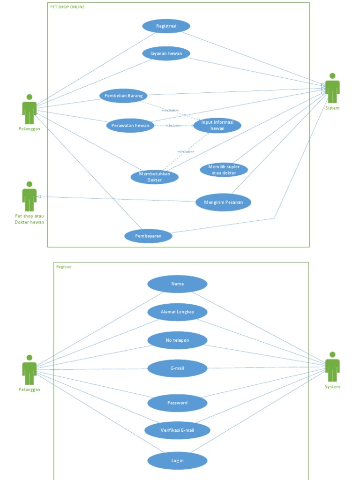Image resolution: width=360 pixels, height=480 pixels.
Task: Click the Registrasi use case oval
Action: [x=166, y=26]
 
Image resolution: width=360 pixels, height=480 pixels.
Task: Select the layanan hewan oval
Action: [x=166, y=53]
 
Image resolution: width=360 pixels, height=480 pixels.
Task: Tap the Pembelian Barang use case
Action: [x=123, y=96]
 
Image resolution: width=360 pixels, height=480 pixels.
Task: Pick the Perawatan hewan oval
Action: [x=130, y=125]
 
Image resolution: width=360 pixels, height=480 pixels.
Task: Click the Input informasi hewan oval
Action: [x=217, y=125]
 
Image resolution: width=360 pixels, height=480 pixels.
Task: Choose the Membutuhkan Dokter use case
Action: [x=154, y=177]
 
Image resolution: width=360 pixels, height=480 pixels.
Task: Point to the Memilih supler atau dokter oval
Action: [x=224, y=170]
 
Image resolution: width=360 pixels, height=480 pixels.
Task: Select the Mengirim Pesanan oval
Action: [x=223, y=202]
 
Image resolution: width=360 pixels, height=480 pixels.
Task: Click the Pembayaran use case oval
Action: [x=148, y=236]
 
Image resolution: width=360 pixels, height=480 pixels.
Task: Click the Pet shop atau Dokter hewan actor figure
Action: [x=30, y=196]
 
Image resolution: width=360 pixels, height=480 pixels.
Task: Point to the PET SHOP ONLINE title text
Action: [x=67, y=7]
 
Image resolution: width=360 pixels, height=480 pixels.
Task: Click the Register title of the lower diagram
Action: [x=64, y=267]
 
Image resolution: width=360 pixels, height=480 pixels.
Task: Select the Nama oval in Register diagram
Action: [x=177, y=284]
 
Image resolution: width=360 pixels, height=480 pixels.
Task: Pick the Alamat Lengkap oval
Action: [x=177, y=312]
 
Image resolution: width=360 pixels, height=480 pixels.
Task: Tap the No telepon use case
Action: [x=177, y=340]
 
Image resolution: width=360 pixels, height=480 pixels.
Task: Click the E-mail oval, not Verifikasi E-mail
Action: [x=177, y=368]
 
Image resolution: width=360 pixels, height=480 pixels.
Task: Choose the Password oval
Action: [x=177, y=403]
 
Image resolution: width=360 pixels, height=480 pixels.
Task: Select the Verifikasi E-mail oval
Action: [x=177, y=430]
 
